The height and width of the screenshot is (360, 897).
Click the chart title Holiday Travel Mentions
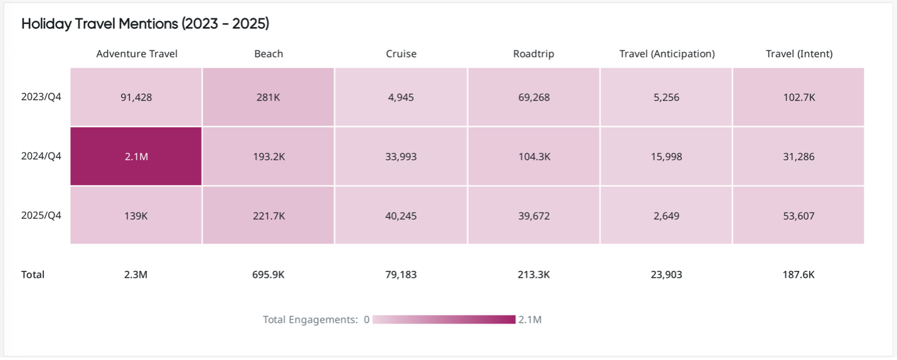145,24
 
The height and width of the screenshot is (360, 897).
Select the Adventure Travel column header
137,54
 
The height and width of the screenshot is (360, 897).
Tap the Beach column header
268,54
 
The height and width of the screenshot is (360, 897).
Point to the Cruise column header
401,54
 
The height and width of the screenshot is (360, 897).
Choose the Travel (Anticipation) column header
667,54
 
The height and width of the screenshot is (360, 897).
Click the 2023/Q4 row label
41,97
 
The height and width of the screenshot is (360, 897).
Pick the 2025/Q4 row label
41,216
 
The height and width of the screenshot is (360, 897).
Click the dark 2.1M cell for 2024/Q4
136,157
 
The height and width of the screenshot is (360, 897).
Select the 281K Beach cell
268,97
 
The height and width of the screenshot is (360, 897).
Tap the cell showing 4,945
401,97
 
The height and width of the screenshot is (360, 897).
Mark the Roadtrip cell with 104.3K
533,157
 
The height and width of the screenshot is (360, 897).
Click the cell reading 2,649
667,216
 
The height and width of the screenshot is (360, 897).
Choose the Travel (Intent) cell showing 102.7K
799,97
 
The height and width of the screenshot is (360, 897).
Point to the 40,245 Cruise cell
401,216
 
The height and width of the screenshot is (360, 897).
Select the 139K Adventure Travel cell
136,216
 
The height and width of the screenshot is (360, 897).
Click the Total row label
33,275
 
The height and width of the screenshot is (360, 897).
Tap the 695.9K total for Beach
268,275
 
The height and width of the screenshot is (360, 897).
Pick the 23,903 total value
667,275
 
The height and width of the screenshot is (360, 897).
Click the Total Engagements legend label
310,320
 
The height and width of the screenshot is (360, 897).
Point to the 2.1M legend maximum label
530,320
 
